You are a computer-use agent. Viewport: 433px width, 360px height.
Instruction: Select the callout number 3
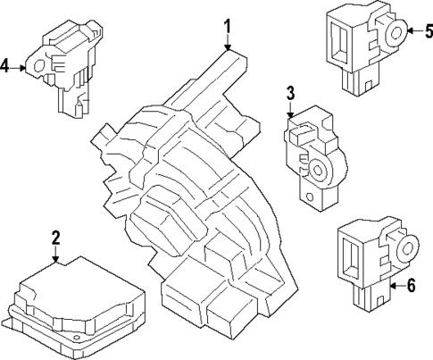(x=291, y=94)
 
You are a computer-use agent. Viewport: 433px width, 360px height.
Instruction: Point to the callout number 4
(x=6, y=67)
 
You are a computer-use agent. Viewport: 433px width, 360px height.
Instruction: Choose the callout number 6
(x=411, y=286)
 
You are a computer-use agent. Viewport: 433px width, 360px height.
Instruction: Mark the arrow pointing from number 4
(x=21, y=67)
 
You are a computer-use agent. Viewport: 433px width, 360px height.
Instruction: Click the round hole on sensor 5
(x=393, y=33)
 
